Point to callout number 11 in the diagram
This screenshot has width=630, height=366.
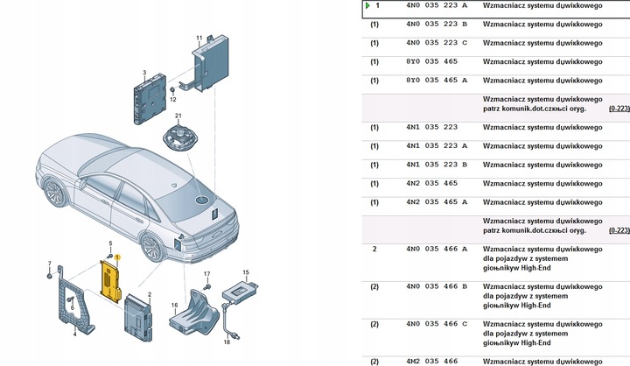click(x=199, y=38)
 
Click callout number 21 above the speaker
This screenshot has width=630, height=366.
click(x=177, y=116)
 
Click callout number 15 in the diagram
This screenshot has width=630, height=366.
click(x=246, y=272)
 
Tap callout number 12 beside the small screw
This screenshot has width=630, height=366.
click(x=172, y=100)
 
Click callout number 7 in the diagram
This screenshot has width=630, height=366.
click(x=49, y=263)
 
